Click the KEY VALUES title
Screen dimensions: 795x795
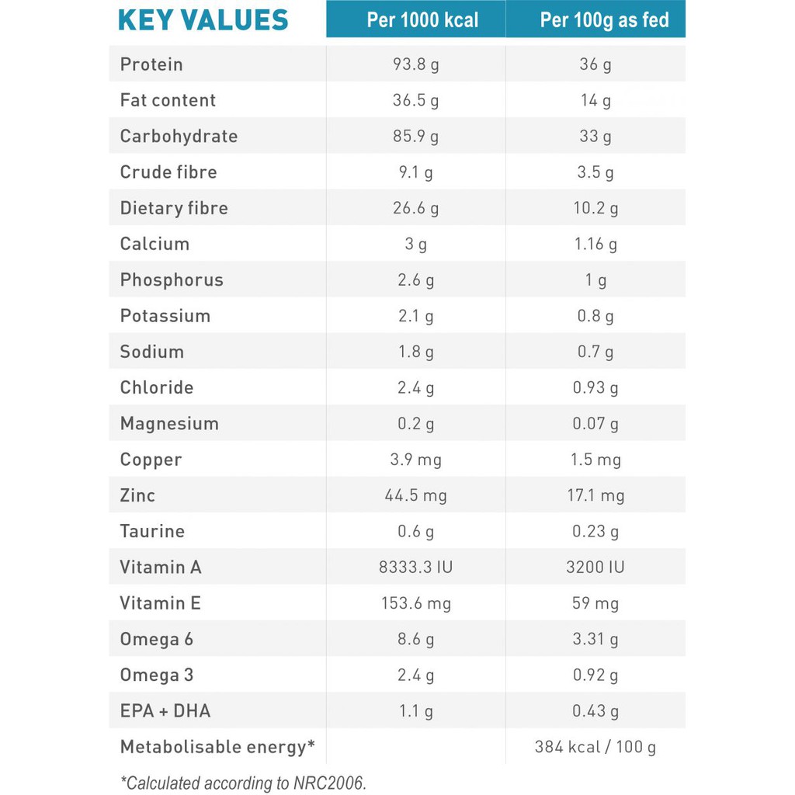point(203,20)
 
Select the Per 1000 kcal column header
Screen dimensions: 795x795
point(422,20)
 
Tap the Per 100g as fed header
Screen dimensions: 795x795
point(604,20)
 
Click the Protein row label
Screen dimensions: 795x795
point(151,64)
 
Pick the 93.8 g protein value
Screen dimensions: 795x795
point(416,64)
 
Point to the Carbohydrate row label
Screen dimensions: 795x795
point(179,137)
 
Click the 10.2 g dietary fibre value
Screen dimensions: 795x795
point(595,208)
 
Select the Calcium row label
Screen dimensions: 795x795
point(154,244)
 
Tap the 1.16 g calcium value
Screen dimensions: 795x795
point(595,244)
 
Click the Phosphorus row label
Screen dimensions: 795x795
point(172,280)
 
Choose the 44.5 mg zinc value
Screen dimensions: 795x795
point(416,495)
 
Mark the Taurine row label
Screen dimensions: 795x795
point(152,532)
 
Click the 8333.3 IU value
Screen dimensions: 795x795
point(416,568)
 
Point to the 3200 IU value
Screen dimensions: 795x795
point(595,568)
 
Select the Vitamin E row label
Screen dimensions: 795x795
point(160,603)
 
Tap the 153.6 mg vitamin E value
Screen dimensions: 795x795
point(416,603)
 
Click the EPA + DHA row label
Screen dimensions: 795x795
point(165,711)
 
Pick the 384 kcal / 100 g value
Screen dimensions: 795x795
point(595,747)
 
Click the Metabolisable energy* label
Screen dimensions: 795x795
point(217,747)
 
